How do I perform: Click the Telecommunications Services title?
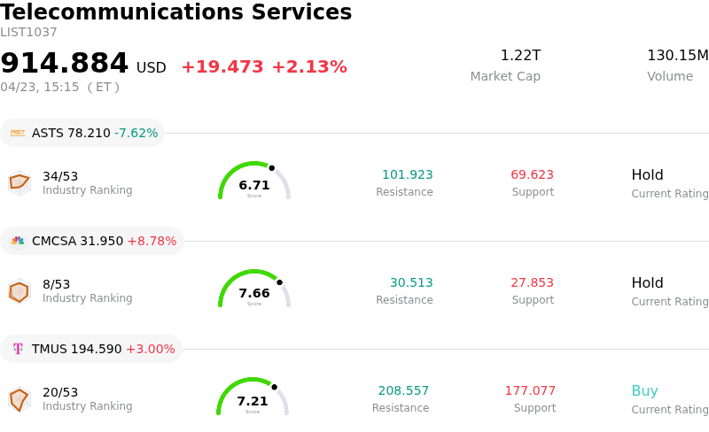(x=176, y=13)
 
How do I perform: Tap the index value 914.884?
(x=65, y=64)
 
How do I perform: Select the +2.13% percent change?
(x=308, y=67)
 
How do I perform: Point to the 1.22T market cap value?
(x=520, y=56)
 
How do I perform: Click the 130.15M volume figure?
(x=677, y=56)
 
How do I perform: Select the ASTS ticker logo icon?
(x=18, y=133)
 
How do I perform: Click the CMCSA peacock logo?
(x=18, y=241)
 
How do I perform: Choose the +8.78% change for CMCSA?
(x=152, y=241)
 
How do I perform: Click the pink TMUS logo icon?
(x=18, y=349)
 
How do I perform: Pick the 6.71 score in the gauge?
(x=254, y=185)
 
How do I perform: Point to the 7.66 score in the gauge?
(x=254, y=293)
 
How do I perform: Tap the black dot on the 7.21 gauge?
(x=275, y=387)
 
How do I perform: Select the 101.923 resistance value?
(x=407, y=175)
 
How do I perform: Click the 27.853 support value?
(x=532, y=283)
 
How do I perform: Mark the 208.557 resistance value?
(x=403, y=391)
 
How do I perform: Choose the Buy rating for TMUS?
(x=644, y=391)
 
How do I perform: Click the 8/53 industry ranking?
(x=56, y=284)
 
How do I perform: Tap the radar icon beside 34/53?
(x=19, y=182)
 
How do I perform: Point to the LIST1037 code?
(x=28, y=33)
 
